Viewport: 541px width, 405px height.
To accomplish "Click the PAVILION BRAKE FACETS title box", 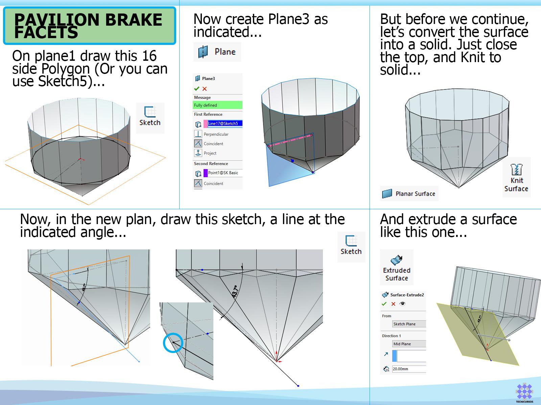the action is point(90,26).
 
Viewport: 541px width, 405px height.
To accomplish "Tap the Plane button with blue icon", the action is point(217,52).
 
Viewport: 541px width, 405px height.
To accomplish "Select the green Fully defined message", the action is point(217,105).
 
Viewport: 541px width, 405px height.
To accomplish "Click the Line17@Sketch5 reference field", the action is point(223,124).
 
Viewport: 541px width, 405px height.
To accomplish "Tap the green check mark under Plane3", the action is point(197,88).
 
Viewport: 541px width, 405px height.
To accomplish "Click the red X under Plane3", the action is point(205,89).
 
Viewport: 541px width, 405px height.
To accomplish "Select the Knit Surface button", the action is point(516,177).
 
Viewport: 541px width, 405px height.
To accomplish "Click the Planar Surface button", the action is point(409,193).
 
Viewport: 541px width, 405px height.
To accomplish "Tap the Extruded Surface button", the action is point(397,268).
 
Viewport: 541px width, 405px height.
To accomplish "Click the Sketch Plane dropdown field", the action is point(409,324).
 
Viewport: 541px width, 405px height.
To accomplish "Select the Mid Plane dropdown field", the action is point(409,344).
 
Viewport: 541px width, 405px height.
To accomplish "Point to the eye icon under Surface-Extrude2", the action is point(402,304).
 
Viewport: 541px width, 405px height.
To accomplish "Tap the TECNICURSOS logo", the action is point(524,393).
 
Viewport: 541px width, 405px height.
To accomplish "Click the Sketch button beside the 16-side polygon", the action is point(150,118).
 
